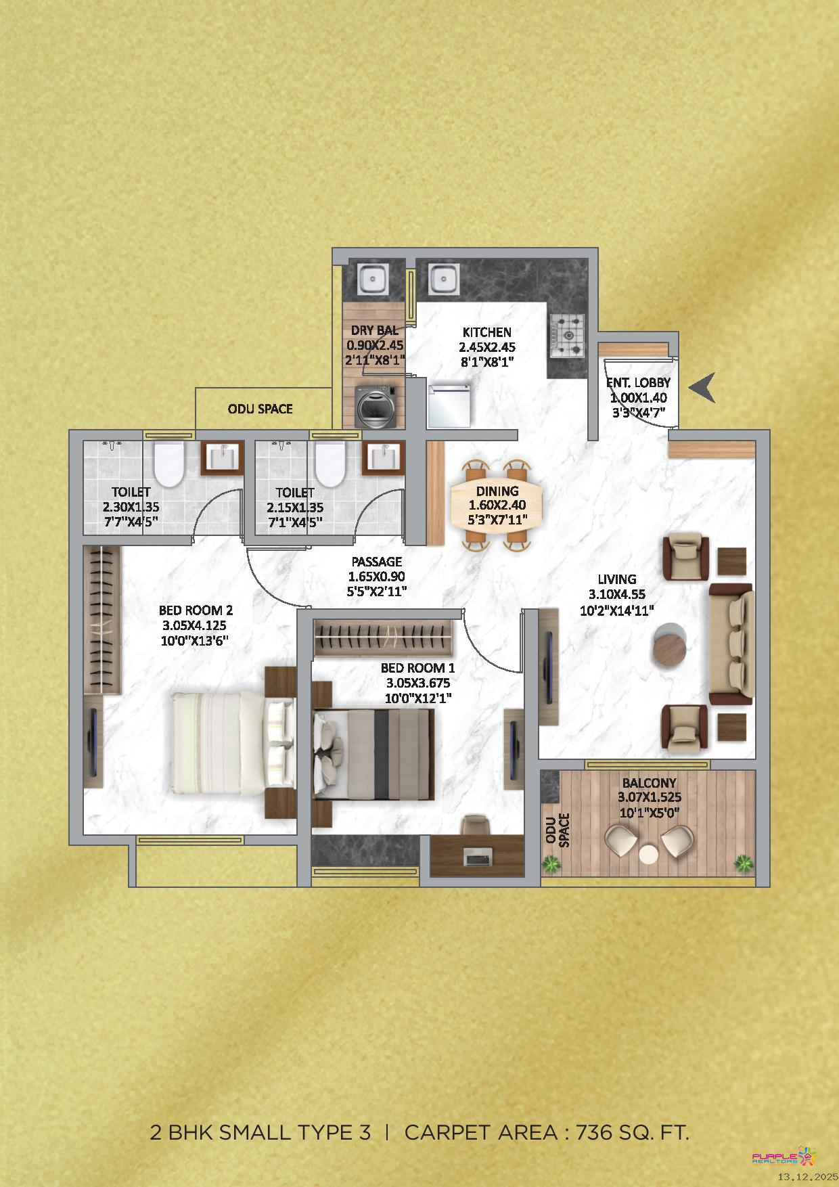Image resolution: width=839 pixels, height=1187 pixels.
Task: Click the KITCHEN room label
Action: click(x=487, y=332)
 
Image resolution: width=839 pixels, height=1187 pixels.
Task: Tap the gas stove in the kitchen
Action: click(x=567, y=335)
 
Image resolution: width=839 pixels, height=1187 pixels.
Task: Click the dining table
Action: click(x=497, y=506)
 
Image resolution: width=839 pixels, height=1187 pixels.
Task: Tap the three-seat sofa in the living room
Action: click(x=731, y=645)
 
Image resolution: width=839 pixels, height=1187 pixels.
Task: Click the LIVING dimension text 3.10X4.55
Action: click(x=617, y=595)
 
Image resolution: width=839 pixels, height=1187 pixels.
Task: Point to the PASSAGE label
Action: click(x=377, y=562)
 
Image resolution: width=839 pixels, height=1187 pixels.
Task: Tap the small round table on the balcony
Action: click(x=649, y=854)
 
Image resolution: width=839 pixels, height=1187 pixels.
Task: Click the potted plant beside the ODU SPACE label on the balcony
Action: click(x=552, y=864)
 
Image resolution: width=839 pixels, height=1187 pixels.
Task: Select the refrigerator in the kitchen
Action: click(x=449, y=405)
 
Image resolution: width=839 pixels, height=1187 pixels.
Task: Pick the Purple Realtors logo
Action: click(x=785, y=1156)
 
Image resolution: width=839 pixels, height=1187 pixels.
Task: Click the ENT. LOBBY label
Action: click(x=638, y=383)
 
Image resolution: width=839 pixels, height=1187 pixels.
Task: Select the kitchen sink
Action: click(x=443, y=277)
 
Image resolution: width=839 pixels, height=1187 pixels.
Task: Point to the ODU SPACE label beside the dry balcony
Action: click(x=260, y=409)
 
